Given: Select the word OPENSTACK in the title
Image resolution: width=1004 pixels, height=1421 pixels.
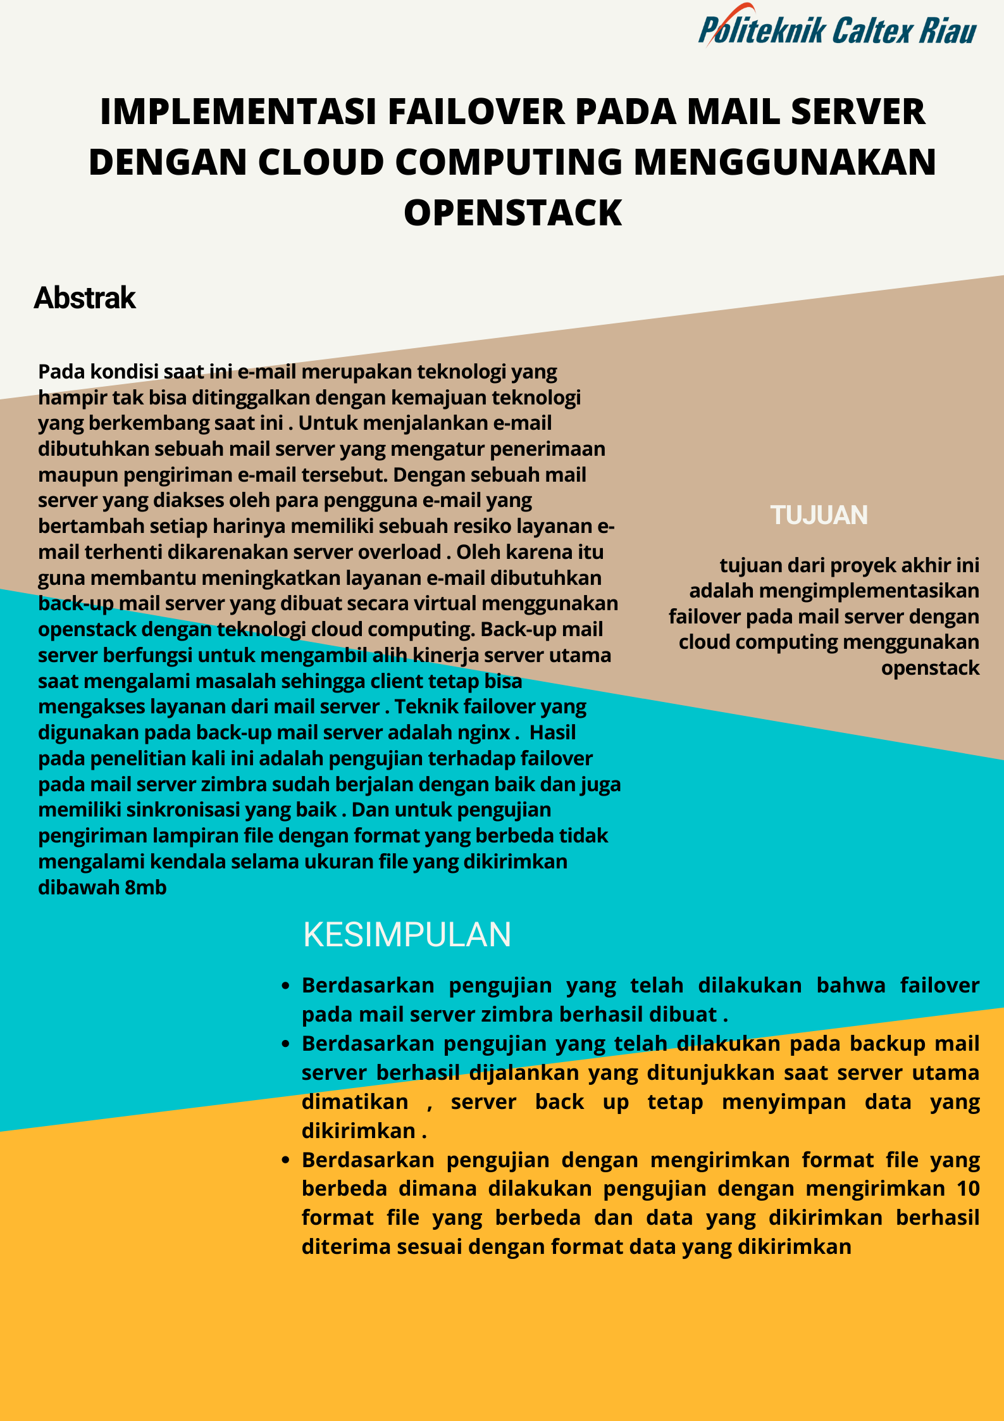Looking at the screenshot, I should pos(512,213).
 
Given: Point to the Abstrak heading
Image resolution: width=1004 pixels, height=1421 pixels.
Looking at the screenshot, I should pos(85,298).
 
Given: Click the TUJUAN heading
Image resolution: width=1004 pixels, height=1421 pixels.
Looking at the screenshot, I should pos(819,515).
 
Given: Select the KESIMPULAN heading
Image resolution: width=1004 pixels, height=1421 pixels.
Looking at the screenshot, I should pos(407,935).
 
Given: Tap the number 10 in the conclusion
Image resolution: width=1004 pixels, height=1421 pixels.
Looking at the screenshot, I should pos(968,1189).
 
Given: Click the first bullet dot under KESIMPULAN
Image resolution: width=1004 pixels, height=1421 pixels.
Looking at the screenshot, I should pos(286,986).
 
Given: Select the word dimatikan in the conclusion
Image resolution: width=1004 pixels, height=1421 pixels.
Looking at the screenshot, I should pos(355,1102).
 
